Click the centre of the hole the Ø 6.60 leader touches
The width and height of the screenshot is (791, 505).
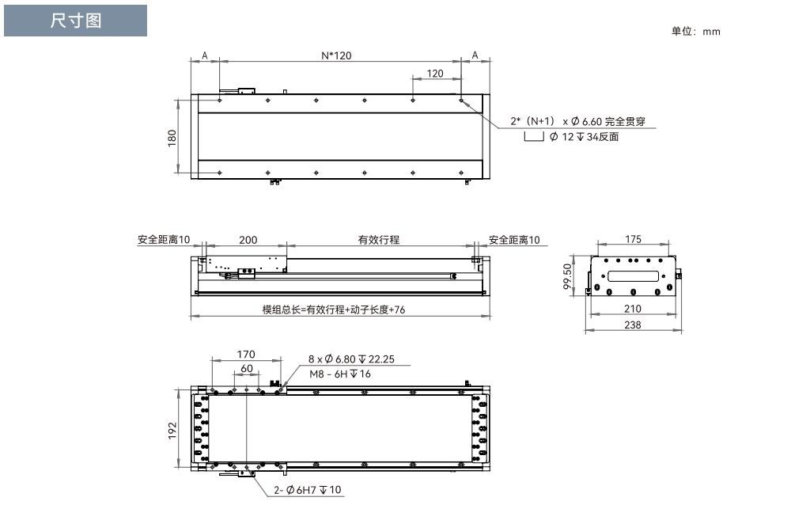[x=461, y=101]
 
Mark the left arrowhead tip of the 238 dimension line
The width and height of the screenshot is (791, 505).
[x=585, y=332]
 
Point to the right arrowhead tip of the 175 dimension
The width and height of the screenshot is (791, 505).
[x=669, y=244]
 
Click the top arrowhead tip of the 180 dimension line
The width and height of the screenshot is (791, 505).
[x=178, y=100]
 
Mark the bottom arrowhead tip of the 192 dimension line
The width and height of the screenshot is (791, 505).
[x=178, y=468]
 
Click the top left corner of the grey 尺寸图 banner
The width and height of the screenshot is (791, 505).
[x=4, y=5]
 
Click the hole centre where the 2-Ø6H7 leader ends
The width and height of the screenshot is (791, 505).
[x=247, y=468]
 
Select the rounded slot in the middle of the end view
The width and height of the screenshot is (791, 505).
[x=633, y=276]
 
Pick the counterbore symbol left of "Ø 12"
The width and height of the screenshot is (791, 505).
[x=534, y=136]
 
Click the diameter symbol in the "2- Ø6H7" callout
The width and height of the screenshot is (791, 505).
[x=290, y=490]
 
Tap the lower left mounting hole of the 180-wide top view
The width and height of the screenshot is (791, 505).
[x=220, y=173]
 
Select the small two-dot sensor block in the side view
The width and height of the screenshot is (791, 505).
[x=246, y=273]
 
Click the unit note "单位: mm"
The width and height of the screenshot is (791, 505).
[x=695, y=32]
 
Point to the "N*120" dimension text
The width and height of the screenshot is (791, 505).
[x=336, y=55]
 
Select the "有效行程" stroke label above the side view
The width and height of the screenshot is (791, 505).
[x=379, y=240]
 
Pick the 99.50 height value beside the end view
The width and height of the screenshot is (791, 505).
[x=567, y=277]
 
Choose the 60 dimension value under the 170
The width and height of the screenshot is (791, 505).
[x=247, y=369]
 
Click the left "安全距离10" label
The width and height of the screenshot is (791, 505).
[x=164, y=240]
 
